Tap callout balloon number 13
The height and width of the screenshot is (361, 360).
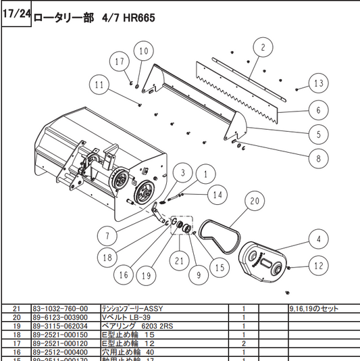click(x=318, y=83)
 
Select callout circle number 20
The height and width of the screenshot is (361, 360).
click(x=254, y=201)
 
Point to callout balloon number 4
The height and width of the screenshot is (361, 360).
click(x=314, y=238)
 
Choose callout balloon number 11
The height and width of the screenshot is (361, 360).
click(x=101, y=85)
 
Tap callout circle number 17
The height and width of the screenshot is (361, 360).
click(x=120, y=62)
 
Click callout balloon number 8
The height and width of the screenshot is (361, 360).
click(x=314, y=160)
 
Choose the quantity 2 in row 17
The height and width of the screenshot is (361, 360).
click(x=242, y=343)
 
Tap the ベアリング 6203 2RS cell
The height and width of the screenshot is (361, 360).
click(x=134, y=325)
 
